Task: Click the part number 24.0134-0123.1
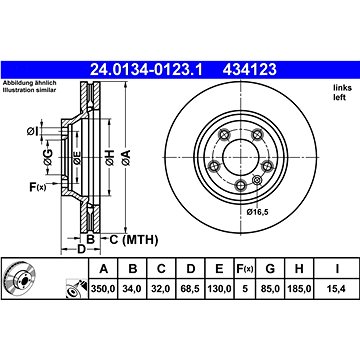[x=146, y=70]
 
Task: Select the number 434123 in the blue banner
[x=250, y=70]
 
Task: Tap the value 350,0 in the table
[x=103, y=289]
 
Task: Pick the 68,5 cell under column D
[x=190, y=289]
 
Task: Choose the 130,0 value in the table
[x=219, y=289]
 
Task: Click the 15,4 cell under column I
[x=337, y=289]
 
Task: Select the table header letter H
[x=299, y=269]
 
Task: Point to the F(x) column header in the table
[x=245, y=269]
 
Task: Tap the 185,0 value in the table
[x=299, y=289]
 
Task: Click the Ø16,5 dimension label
[x=257, y=212]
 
